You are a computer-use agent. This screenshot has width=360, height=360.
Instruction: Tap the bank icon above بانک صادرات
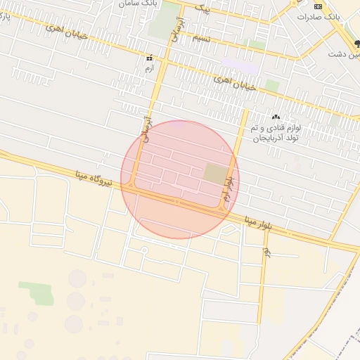318,5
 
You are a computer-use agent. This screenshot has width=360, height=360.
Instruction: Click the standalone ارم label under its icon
148,68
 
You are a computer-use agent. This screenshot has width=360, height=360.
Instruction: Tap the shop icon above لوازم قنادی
275,117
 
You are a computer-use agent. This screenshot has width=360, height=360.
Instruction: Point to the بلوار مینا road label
258,221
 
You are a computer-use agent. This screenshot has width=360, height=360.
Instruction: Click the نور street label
266,252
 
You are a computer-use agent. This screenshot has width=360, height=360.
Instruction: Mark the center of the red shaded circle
180,179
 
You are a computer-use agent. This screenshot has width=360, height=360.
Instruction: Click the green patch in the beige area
36,292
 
